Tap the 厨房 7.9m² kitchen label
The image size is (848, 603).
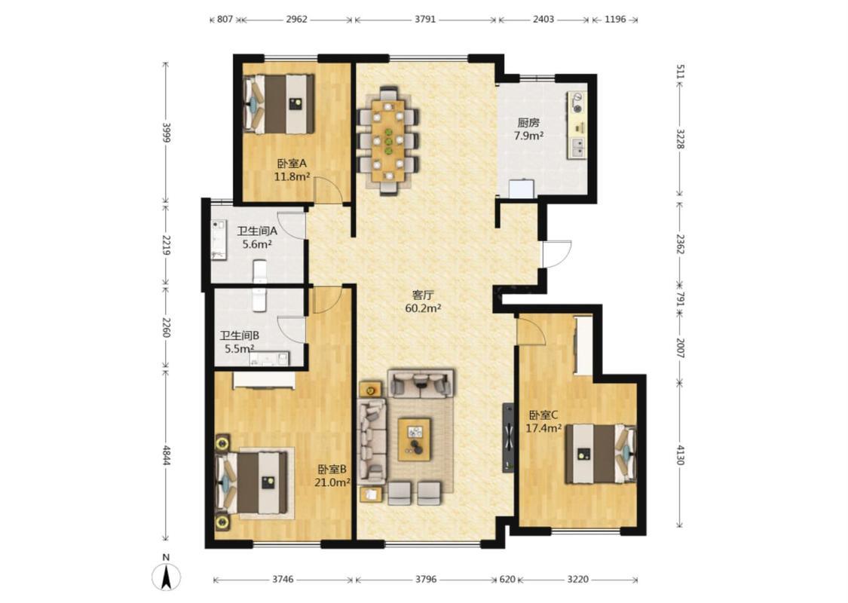528,129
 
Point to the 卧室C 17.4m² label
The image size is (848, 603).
543,422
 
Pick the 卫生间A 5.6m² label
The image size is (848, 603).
257,237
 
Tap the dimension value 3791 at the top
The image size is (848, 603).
425,19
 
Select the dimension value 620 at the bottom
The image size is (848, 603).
507,579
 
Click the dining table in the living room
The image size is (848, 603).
388,140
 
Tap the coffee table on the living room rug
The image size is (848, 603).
415,439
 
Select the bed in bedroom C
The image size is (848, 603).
600,454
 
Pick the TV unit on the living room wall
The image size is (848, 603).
508,437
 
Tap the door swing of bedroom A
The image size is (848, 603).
329,190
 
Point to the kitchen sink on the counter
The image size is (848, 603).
577,148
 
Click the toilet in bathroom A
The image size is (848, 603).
260,271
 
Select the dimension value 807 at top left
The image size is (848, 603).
225,19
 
